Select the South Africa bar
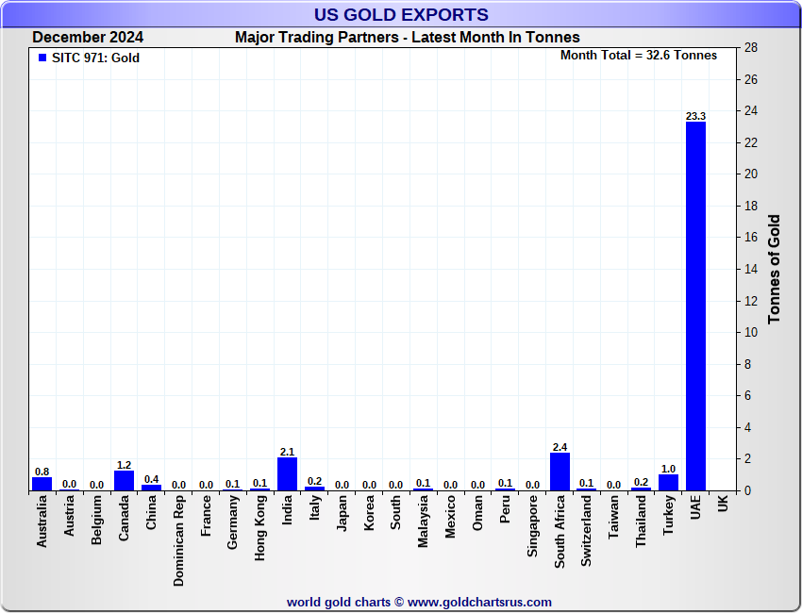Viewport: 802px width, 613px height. [560, 472]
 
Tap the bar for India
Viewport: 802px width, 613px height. [287, 473]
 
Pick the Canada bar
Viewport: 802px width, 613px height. [124, 480]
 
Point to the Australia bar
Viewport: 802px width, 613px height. [42, 484]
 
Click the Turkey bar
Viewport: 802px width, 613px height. [668, 482]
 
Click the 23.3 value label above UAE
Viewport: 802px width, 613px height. [695, 116]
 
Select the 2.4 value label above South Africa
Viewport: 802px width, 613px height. [560, 447]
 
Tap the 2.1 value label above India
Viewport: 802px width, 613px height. [287, 452]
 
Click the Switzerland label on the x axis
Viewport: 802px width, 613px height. [587, 531]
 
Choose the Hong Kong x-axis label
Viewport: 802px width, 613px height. [260, 529]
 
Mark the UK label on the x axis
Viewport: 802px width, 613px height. [723, 505]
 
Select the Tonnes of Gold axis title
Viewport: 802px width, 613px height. [775, 269]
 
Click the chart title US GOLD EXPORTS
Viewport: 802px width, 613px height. [401, 14]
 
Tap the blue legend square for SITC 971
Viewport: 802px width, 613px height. [42, 58]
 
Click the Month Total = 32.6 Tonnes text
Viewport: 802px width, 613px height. [638, 55]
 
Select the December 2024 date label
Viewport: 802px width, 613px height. [88, 38]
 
